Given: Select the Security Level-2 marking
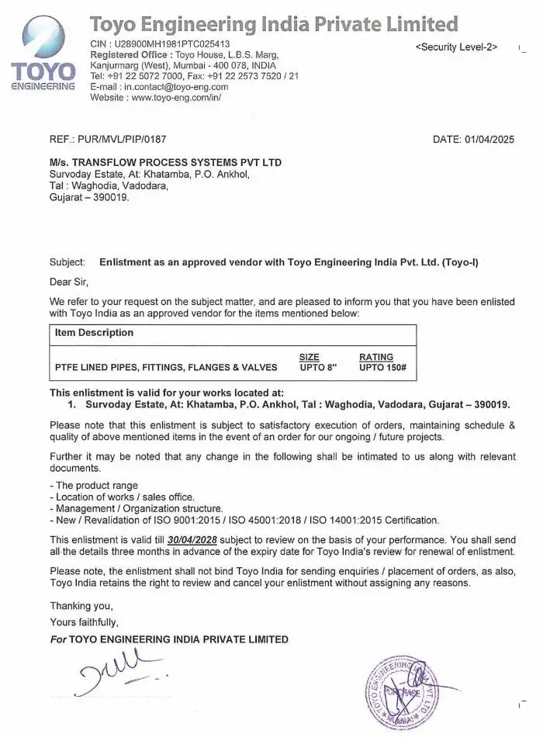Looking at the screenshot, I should (x=456, y=47).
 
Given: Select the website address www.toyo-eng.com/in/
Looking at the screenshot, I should (x=177, y=98).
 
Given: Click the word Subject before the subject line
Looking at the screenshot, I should (x=67, y=262).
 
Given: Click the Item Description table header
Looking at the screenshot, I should (x=94, y=332).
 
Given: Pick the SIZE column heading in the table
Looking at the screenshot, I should (x=309, y=357).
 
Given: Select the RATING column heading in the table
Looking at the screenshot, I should (x=376, y=357).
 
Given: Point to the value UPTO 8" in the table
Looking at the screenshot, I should (x=318, y=367).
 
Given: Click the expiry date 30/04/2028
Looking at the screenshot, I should (x=191, y=539).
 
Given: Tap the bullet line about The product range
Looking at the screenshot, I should (x=94, y=485).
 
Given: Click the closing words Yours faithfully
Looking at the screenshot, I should (x=84, y=622).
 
